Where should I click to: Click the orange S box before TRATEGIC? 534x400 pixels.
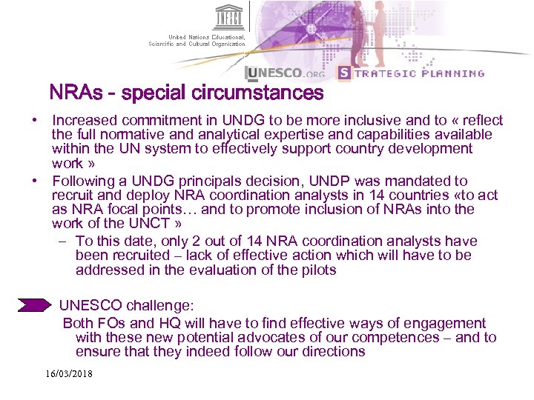tap(343, 73)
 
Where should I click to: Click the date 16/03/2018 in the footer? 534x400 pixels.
tap(69, 374)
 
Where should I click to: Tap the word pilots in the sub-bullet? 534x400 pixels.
tap(317, 270)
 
